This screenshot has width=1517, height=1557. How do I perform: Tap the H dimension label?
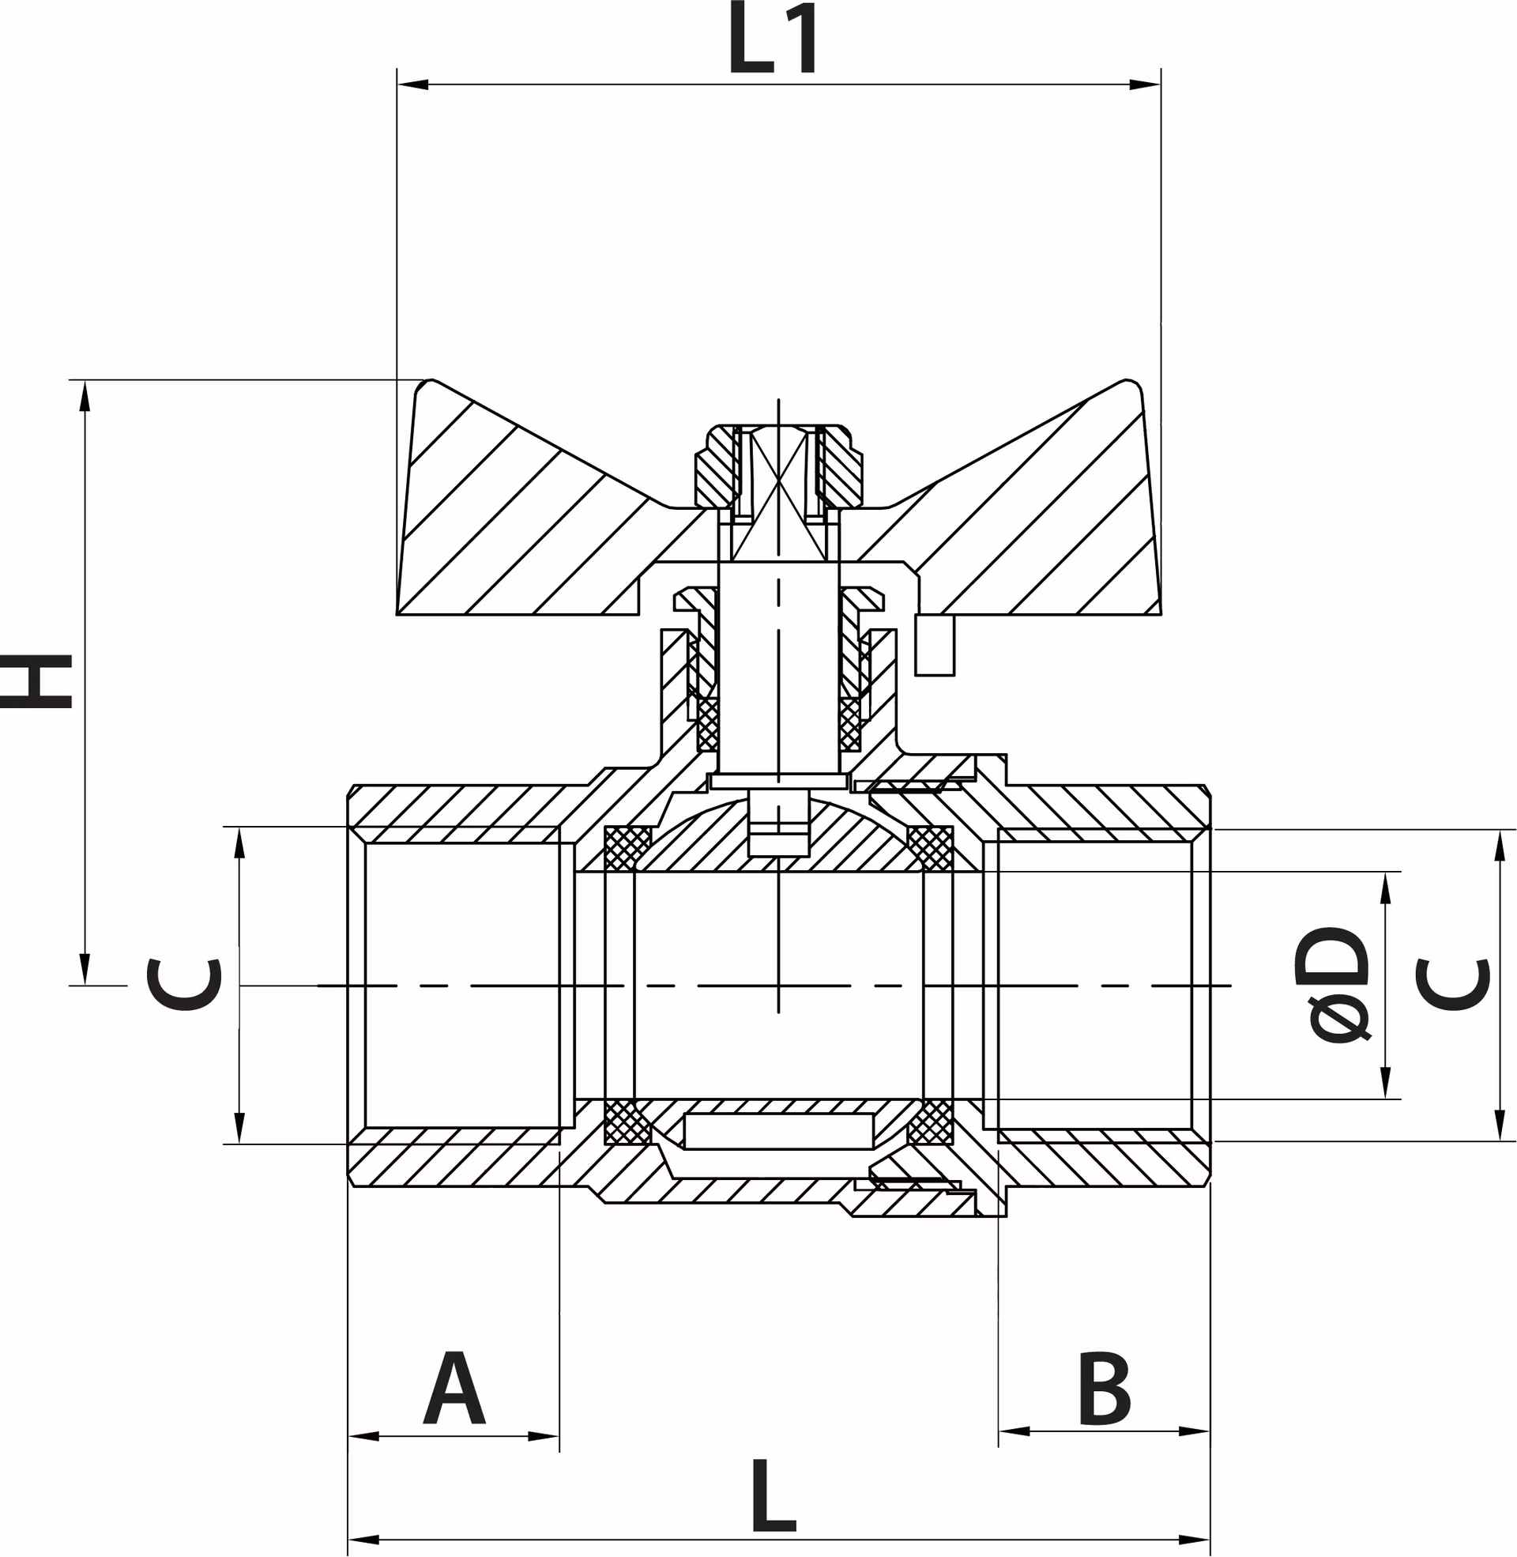coord(36,681)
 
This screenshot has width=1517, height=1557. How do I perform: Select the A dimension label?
coord(454,1387)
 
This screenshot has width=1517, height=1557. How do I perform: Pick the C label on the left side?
coord(183,985)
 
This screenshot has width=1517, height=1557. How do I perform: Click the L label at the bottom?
coord(774,1495)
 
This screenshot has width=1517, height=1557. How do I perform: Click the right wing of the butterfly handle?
coord(1012,510)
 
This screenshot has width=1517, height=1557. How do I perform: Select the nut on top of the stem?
coord(778,466)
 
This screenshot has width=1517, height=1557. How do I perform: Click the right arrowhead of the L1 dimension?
coord(1145,85)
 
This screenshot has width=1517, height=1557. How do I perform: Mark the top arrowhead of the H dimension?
coord(85,396)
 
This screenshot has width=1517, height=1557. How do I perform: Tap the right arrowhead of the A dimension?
coord(544,1437)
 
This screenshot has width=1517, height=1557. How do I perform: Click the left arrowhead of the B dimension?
coord(1014,1431)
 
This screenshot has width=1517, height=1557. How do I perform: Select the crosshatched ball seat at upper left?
coord(628,849)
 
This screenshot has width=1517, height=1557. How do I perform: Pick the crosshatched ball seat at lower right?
coord(931,1122)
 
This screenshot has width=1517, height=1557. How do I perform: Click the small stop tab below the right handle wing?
coord(935,645)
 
